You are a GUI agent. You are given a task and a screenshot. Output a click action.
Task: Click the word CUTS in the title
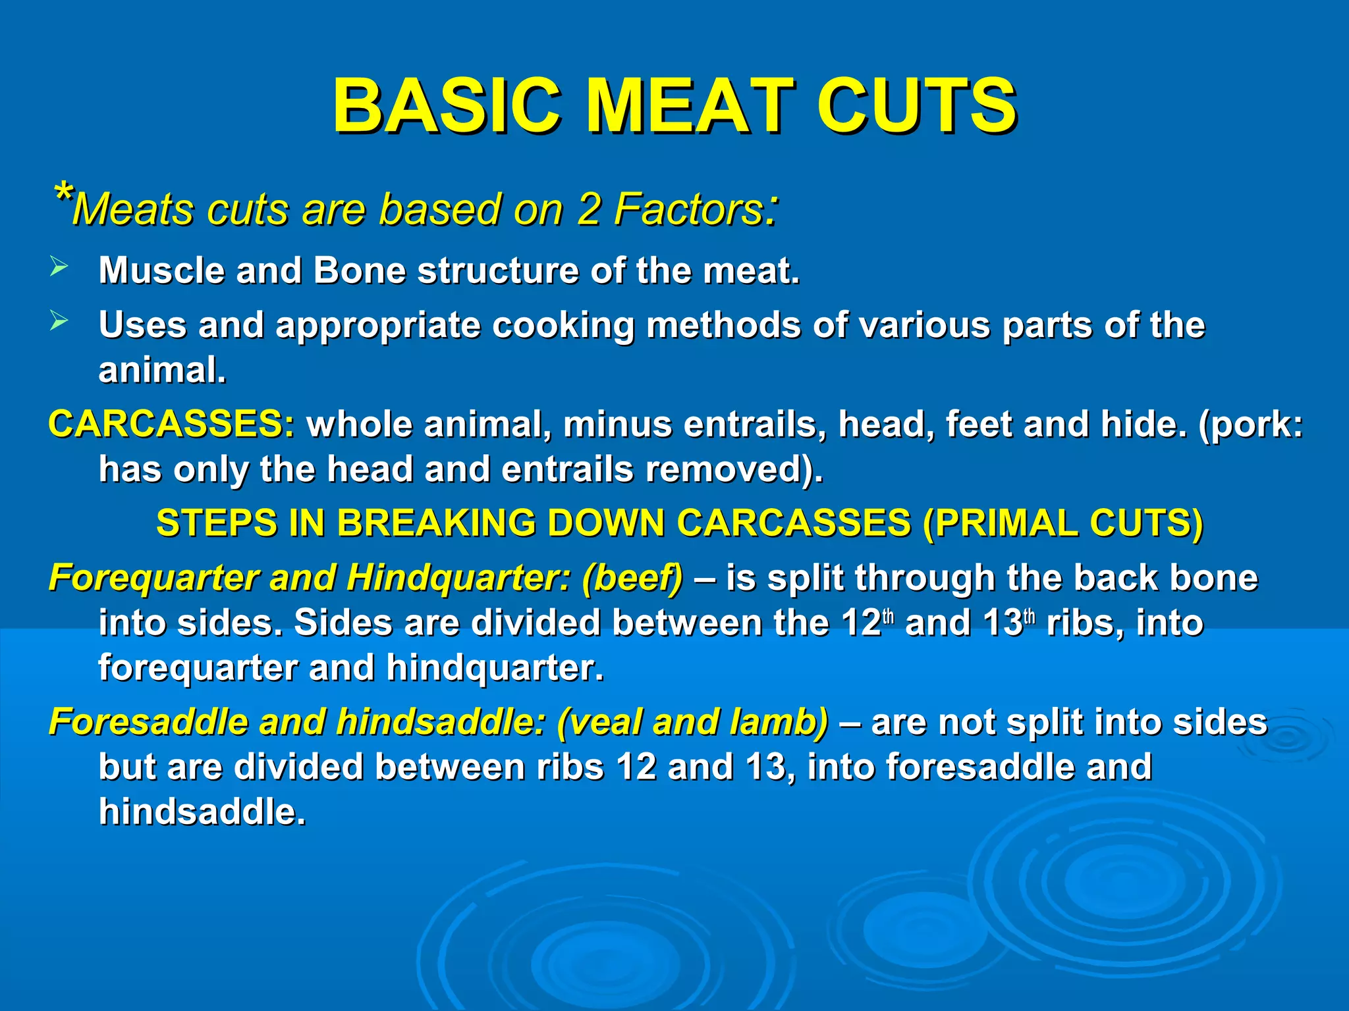(x=917, y=105)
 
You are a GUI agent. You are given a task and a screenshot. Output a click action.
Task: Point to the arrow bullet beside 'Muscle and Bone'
(x=59, y=267)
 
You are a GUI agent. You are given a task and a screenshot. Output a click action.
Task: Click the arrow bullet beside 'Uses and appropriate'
(x=59, y=321)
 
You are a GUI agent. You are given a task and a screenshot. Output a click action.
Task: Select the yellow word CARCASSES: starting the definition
(x=172, y=424)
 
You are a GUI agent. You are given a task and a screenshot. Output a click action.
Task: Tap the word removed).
(x=734, y=469)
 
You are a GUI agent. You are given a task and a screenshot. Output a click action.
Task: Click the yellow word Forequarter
(x=153, y=578)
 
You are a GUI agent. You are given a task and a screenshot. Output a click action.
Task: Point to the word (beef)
(x=632, y=578)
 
